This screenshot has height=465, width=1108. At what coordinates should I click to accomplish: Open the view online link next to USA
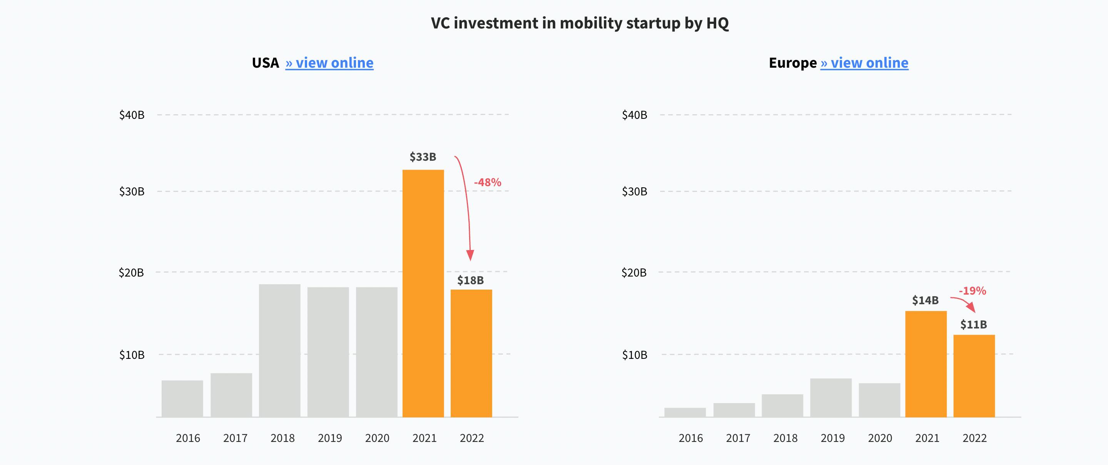tap(329, 63)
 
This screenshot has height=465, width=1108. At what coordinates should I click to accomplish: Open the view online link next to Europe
tap(864, 63)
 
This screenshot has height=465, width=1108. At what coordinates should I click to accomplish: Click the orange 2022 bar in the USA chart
tap(471, 353)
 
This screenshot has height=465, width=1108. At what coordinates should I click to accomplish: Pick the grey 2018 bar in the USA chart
tap(279, 350)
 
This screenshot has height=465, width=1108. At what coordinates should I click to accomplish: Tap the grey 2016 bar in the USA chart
tap(182, 398)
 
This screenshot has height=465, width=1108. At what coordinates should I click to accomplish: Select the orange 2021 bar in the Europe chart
tap(926, 363)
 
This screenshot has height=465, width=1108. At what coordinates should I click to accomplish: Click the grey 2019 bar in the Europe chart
tap(831, 398)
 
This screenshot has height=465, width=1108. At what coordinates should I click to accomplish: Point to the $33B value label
tap(423, 157)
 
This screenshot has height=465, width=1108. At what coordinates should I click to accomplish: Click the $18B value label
tap(470, 280)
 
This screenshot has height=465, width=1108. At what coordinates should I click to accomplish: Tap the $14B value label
tap(925, 300)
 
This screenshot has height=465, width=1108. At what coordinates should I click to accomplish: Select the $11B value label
tap(973, 325)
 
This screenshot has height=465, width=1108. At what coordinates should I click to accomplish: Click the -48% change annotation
tap(487, 182)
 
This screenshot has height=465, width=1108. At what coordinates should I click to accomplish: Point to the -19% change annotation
tap(972, 291)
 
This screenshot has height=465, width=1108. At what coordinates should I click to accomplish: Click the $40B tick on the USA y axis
tap(132, 115)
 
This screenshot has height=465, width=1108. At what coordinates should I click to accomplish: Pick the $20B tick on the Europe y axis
tap(633, 272)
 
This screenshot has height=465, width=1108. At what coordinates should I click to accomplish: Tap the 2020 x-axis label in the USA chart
tap(377, 438)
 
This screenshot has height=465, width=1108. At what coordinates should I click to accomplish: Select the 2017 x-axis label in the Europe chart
tap(738, 438)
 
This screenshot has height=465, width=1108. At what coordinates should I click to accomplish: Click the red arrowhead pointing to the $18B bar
tap(470, 255)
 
